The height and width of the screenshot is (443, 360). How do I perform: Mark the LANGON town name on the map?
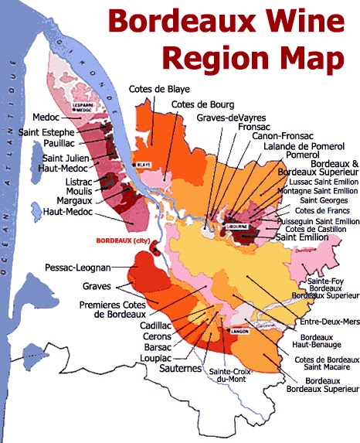pos(236,332)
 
